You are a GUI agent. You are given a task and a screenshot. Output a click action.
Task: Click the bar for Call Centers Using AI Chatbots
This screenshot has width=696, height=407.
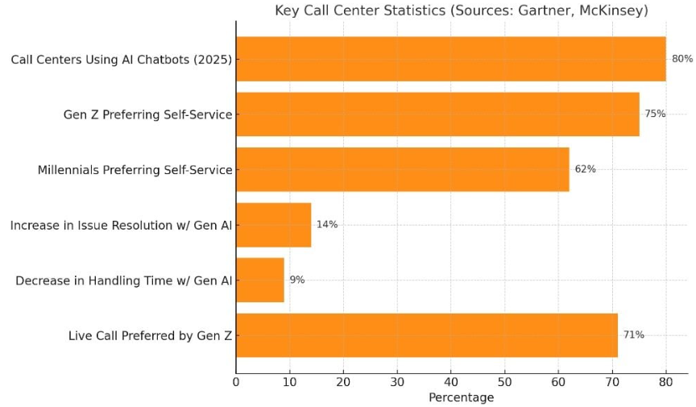pyautogui.click(x=451, y=59)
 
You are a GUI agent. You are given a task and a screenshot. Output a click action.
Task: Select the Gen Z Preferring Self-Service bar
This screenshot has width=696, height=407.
pyautogui.click(x=437, y=114)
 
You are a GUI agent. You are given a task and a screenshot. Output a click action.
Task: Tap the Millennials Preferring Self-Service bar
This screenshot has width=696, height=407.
pyautogui.click(x=403, y=169)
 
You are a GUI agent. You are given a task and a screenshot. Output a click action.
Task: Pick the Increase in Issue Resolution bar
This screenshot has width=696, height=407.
pyautogui.click(x=274, y=225)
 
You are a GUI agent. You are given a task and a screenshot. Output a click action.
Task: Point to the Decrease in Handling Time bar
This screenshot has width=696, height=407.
pyautogui.click(x=260, y=280)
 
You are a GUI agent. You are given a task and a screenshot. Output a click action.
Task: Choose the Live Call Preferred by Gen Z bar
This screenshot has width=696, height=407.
pyautogui.click(x=427, y=335)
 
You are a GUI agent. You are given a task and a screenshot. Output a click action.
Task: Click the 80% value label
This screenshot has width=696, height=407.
pyautogui.click(x=682, y=59)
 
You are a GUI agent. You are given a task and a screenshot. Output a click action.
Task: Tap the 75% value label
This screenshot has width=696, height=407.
pyautogui.click(x=655, y=114)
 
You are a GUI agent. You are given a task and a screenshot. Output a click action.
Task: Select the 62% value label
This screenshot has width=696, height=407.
pyautogui.click(x=585, y=168)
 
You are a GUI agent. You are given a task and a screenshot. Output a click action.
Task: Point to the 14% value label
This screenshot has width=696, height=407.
pyautogui.click(x=327, y=224)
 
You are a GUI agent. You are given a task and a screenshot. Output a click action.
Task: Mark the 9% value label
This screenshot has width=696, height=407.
pyautogui.click(x=297, y=280)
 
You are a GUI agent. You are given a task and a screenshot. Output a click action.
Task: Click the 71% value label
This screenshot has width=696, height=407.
pyautogui.click(x=634, y=334)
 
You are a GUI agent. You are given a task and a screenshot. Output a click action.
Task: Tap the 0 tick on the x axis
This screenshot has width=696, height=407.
pyautogui.click(x=236, y=382)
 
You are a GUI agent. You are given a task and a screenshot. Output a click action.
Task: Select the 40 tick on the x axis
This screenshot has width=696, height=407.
pyautogui.click(x=451, y=382)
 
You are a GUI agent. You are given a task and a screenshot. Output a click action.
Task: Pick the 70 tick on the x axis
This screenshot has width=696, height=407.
pyautogui.click(x=612, y=382)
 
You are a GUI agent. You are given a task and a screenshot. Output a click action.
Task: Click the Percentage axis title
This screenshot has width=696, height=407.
pyautogui.click(x=462, y=397)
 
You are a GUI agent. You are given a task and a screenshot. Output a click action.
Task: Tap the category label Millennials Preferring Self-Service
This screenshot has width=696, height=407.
pyautogui.click(x=135, y=170)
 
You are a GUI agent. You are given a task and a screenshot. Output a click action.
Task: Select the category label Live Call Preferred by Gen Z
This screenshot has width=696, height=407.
pyautogui.click(x=151, y=335)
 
